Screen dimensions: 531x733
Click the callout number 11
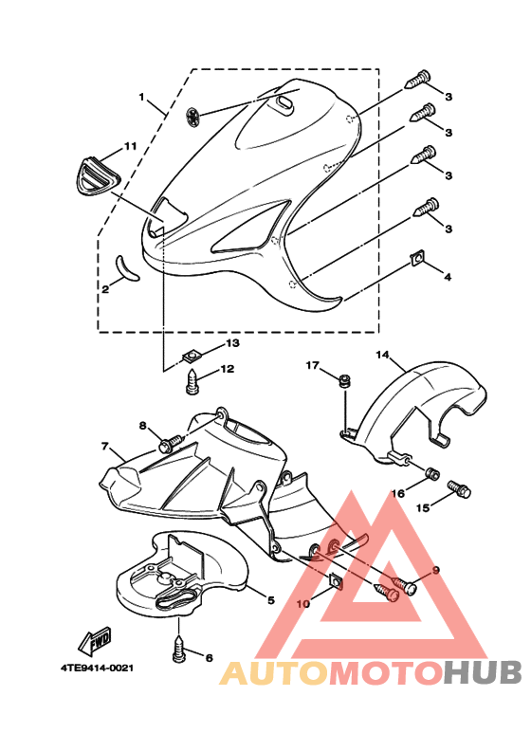click(x=130, y=146)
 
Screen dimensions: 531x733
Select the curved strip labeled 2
click(x=127, y=269)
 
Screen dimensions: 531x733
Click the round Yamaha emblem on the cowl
click(x=192, y=117)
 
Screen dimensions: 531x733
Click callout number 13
click(x=232, y=343)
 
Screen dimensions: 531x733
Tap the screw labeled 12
click(x=192, y=382)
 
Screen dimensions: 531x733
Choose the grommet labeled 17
click(x=345, y=380)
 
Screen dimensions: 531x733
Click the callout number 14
click(x=382, y=355)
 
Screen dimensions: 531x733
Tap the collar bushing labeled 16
click(x=432, y=474)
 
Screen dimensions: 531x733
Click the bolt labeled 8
click(x=171, y=442)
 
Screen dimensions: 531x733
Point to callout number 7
click(x=104, y=447)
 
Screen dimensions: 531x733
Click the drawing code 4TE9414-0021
click(x=97, y=668)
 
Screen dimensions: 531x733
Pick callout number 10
click(x=302, y=604)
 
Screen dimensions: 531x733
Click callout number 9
click(x=435, y=570)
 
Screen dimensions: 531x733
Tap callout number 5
click(x=271, y=600)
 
